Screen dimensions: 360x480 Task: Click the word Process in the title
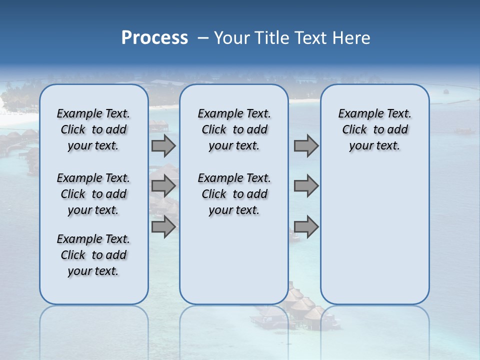tap(154, 37)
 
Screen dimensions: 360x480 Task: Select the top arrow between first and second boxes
tap(163, 145)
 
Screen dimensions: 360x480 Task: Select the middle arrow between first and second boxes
tap(163, 186)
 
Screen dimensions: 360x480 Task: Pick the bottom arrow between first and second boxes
tap(163, 227)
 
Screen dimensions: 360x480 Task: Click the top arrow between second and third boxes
tap(306, 145)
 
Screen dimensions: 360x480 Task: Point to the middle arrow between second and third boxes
tap(306, 186)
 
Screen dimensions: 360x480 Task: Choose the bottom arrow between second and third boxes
tap(306, 227)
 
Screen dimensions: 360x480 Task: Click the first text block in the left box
tap(93, 129)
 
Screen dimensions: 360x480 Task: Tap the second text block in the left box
tap(93, 194)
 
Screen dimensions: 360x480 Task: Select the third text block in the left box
tap(93, 255)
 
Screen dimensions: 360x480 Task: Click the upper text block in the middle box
tap(234, 129)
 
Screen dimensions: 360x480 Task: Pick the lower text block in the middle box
tap(234, 194)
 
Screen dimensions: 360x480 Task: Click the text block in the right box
tap(375, 129)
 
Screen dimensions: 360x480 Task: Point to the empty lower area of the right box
tap(375, 235)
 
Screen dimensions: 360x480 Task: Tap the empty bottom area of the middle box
tap(234, 265)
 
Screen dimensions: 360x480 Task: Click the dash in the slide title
tap(203, 38)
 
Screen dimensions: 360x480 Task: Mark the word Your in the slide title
tap(232, 38)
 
